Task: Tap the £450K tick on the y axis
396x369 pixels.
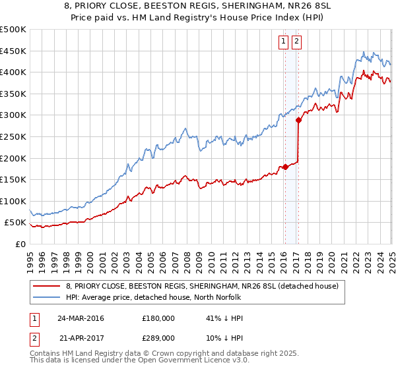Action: coord(13,51)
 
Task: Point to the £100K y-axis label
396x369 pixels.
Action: coord(13,201)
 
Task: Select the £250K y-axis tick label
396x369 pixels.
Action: coord(13,136)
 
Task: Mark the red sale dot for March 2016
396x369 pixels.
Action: coord(286,167)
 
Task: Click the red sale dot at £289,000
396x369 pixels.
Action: coord(298,120)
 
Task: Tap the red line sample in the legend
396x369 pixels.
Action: coord(47,285)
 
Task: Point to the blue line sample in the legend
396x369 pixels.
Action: coord(47,297)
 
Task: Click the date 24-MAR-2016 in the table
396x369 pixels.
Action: coord(81,318)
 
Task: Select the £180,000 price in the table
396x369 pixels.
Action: coord(158,318)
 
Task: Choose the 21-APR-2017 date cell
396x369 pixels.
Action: coord(81,337)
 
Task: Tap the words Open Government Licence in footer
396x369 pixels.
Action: coord(185,362)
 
